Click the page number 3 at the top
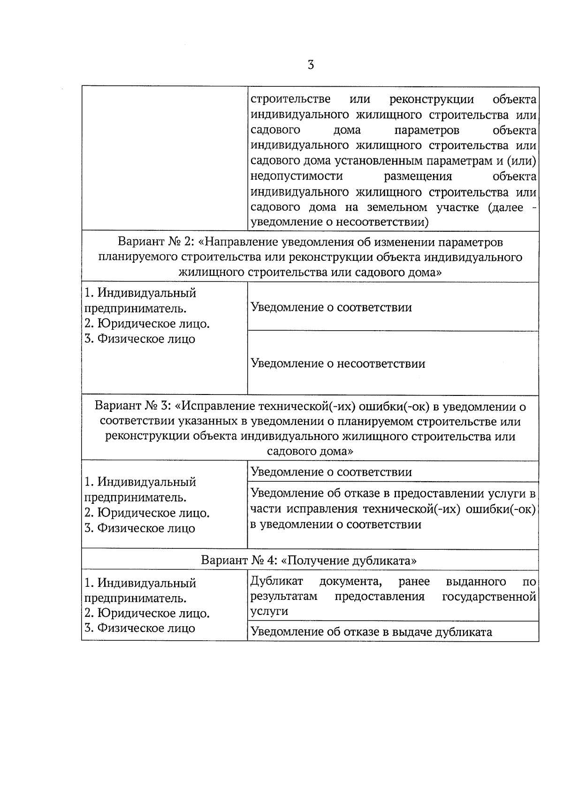pos(311,65)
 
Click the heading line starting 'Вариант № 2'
pos(310,243)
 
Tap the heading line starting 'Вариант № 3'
pos(310,406)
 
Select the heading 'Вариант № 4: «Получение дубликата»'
pos(309,561)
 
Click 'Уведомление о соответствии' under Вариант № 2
pos(331,308)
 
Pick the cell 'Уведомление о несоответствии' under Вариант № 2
pos(338,364)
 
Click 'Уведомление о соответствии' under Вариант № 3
pos(331,472)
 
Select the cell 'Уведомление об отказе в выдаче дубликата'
pos(371,632)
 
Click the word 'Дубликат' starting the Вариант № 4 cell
pos(276,582)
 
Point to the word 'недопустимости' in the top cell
pos(297,176)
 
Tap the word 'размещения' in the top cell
pos(418,176)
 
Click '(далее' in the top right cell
pos(505,207)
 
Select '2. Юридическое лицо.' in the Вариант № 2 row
pos(147,324)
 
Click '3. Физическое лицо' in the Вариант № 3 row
pos(139,528)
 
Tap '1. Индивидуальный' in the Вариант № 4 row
pos(140,583)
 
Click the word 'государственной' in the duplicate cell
pos(489,597)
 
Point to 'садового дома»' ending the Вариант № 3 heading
pos(310,451)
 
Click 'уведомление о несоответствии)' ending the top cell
pos(340,222)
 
